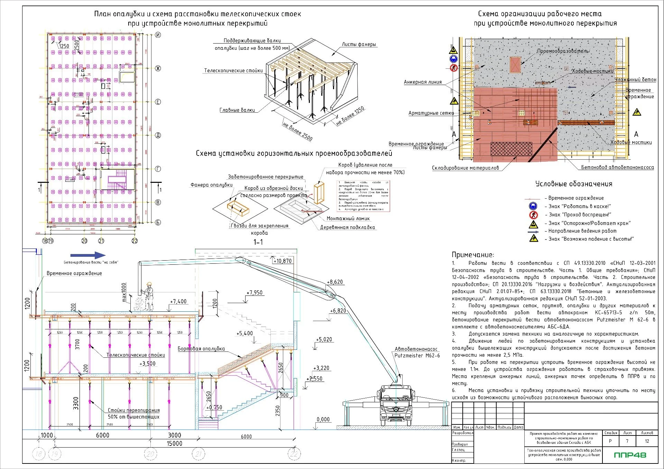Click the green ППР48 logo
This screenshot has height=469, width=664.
[x=630, y=455]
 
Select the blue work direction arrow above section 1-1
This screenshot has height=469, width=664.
[x=88, y=255]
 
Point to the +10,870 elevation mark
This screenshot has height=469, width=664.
[x=283, y=261]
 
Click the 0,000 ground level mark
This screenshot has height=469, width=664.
[x=323, y=420]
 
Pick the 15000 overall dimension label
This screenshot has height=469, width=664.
[x=174, y=443]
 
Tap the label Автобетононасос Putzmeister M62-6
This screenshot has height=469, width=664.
[x=417, y=352]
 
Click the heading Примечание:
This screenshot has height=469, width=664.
[x=473, y=255]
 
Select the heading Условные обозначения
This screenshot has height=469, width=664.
[x=574, y=184]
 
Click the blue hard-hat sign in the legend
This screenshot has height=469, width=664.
[x=533, y=206]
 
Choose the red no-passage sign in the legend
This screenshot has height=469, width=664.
[x=533, y=215]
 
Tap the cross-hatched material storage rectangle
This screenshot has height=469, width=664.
[x=511, y=149]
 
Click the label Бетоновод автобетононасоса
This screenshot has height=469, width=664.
[x=617, y=167]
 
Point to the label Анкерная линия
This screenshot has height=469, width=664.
[x=423, y=82]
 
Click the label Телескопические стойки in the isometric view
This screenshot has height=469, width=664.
[x=233, y=71]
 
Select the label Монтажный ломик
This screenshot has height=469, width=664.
[x=348, y=218]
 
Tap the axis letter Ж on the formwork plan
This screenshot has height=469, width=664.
[x=158, y=68]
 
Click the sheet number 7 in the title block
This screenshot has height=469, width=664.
[x=627, y=441]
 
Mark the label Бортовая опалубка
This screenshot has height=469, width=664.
[x=201, y=349]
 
